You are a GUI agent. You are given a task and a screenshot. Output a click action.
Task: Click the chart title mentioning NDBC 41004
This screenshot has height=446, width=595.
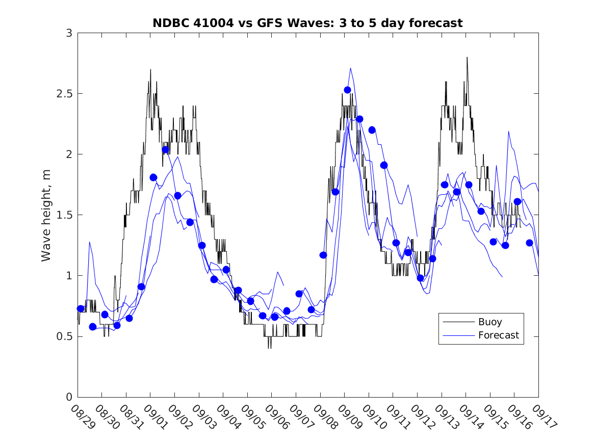point(307,23)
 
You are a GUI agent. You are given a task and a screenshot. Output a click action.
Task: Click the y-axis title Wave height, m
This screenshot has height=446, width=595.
point(46,215)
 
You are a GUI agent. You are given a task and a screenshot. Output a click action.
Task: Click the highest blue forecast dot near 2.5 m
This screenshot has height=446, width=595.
point(347,90)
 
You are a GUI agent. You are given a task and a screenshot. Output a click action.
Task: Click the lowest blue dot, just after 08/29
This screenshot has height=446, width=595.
point(93,327)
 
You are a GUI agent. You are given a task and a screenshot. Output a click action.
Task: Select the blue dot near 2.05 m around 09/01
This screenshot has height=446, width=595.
point(165,150)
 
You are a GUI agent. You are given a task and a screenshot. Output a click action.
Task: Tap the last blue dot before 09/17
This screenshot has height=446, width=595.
point(529,243)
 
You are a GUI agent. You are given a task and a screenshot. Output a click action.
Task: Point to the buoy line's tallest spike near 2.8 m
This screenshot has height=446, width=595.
point(467,58)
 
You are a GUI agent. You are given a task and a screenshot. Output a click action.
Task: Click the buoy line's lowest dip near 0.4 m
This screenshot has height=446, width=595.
point(269,348)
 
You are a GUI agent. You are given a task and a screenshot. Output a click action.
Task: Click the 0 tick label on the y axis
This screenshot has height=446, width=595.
point(68,397)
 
